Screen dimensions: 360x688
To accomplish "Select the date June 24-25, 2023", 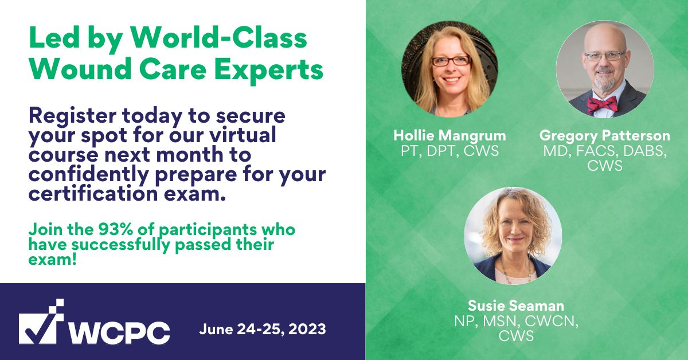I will pyautogui.click(x=263, y=330).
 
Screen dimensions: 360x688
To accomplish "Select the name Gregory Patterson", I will pyautogui.click(x=605, y=136).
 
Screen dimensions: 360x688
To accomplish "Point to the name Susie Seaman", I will pyautogui.click(x=516, y=306).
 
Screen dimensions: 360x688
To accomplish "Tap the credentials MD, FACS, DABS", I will pyautogui.click(x=605, y=151).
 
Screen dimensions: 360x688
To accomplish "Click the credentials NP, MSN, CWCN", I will pyautogui.click(x=516, y=321).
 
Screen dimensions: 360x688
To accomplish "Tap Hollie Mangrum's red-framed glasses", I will pyautogui.click(x=450, y=60).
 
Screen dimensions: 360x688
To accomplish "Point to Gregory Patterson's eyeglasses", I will pyautogui.click(x=605, y=56).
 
